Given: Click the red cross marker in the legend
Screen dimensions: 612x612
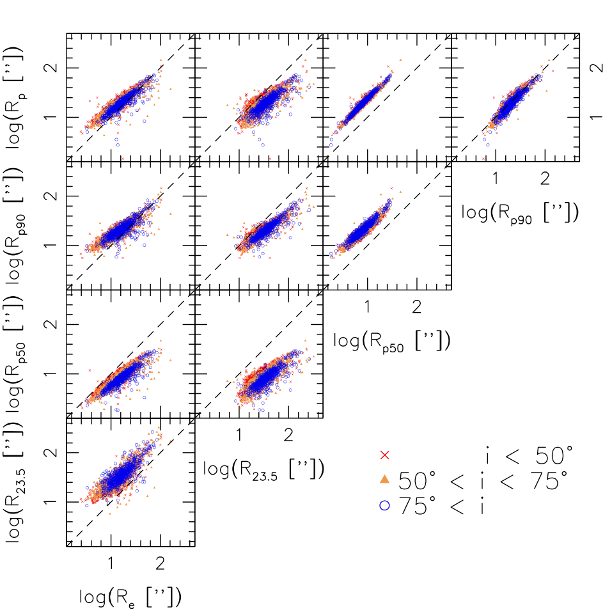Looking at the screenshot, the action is coord(385,455).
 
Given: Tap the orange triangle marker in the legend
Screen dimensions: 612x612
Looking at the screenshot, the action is coord(385,479).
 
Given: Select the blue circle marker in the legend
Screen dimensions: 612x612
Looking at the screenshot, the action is coord(385,505).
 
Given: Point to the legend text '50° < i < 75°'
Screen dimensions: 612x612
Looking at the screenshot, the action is coord(483,480).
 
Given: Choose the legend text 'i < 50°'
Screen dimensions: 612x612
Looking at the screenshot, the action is coord(530,455).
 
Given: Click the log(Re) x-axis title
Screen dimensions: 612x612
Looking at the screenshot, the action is coord(130,597).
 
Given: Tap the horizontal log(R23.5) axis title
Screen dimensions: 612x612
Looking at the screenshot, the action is coord(263,469).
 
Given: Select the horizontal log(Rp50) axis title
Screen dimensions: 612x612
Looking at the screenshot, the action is coord(392,341).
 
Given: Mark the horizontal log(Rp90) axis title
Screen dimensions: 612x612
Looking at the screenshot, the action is coord(520,213).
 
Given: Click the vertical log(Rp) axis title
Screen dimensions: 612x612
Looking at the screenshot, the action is coord(15,97).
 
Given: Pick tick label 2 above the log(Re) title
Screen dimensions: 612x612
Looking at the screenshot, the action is coord(160,563).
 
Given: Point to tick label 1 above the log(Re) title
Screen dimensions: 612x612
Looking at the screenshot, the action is coord(111,563).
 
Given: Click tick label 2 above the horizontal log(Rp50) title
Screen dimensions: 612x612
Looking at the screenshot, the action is coord(416,308).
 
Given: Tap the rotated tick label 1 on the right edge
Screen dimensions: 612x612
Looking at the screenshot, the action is coord(597,116).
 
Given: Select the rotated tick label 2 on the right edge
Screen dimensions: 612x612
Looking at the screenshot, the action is coord(597,68).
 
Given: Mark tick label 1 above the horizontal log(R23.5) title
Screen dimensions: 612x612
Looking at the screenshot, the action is coord(239,435).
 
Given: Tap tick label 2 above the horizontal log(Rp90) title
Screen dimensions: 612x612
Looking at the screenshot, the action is coord(545,179).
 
